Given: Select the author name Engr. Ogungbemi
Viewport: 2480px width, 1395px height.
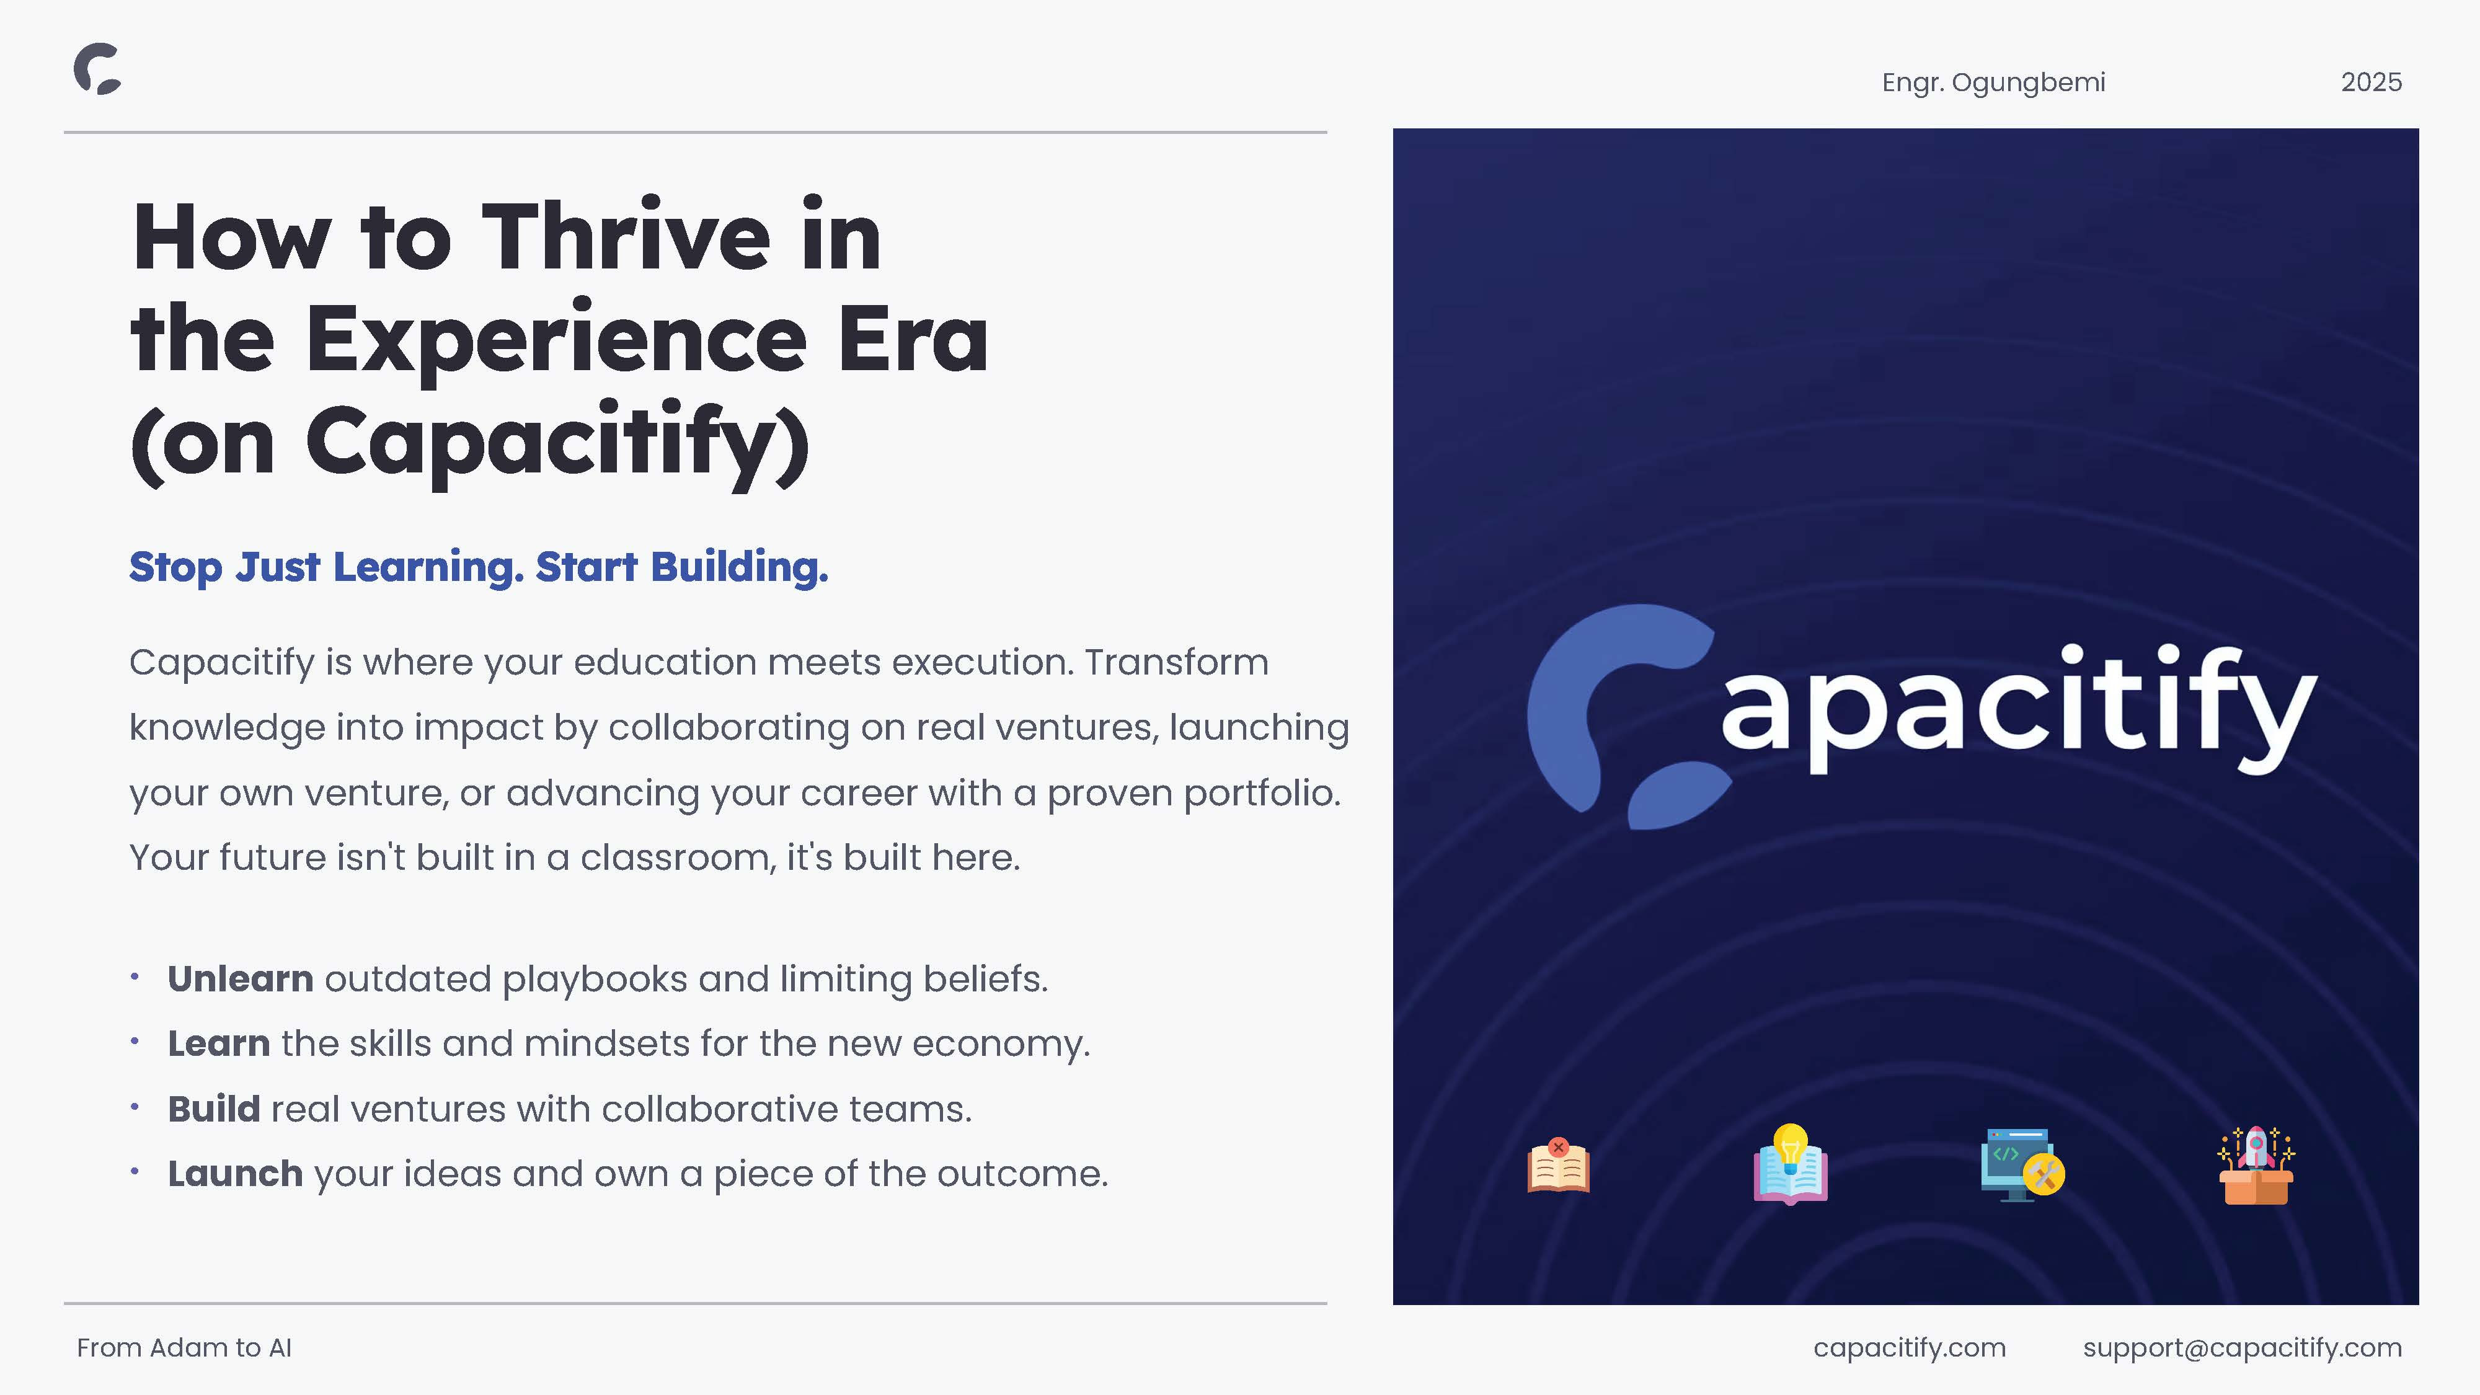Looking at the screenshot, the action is [x=1993, y=83].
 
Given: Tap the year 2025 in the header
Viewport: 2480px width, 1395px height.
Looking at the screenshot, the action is [x=2371, y=83].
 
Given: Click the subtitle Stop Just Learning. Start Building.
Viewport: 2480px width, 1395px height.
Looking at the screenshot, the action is [x=479, y=567].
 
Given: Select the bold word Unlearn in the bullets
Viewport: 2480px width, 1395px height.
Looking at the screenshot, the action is [x=241, y=978].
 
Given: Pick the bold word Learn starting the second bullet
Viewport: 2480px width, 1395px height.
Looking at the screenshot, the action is [x=218, y=1043].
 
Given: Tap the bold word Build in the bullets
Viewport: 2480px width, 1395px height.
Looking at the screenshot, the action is [x=214, y=1109].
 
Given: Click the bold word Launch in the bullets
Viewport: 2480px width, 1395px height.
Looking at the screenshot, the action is [x=235, y=1174].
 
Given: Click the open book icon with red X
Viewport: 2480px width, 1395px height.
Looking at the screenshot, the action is [x=1559, y=1165].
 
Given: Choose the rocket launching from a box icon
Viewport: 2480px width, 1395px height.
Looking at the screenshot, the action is [x=2256, y=1165].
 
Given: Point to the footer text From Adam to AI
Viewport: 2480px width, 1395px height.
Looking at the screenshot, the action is [x=184, y=1348].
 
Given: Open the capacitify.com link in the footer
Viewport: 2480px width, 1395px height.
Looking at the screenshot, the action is [x=1909, y=1348].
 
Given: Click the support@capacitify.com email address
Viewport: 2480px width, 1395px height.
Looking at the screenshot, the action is [x=2242, y=1348].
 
